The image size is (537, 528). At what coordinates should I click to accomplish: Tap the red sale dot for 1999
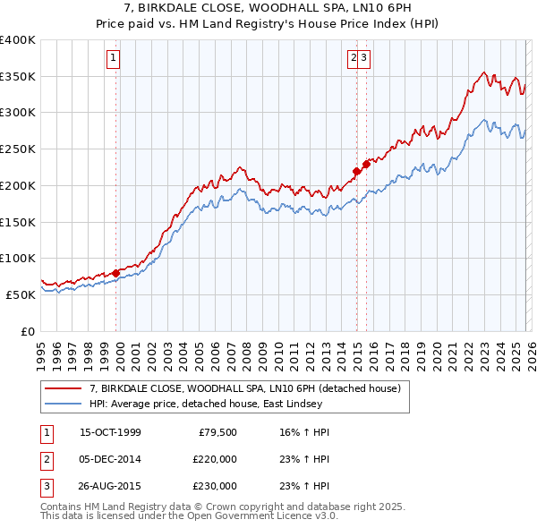click(x=115, y=274)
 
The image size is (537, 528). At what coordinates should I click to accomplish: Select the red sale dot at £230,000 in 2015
click(x=366, y=165)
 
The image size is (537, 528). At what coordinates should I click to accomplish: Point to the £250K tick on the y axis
click(x=18, y=149)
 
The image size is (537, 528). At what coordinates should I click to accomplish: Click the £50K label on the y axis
click(x=21, y=294)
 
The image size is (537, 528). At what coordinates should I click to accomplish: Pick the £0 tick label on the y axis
click(x=27, y=330)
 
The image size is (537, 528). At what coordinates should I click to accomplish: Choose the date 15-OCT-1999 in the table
click(x=110, y=432)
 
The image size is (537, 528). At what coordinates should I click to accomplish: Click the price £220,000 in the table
click(x=215, y=459)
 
